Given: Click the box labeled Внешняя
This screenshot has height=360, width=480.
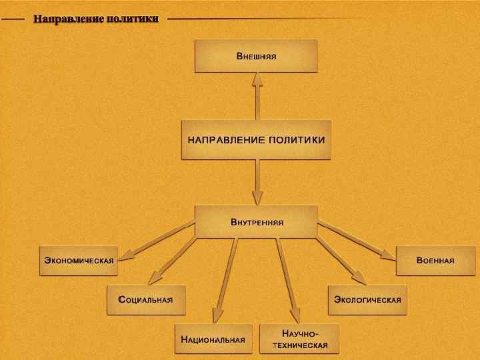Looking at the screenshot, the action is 256,55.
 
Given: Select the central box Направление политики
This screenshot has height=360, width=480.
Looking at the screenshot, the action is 256,139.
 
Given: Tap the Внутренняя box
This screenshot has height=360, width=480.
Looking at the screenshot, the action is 256,221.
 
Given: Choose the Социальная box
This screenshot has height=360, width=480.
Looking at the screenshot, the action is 146,300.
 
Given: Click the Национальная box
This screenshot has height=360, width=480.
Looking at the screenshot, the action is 213,339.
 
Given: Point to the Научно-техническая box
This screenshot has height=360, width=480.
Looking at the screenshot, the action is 299,339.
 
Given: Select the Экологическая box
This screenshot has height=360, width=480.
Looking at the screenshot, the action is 367,300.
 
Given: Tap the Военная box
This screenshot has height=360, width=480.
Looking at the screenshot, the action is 435,260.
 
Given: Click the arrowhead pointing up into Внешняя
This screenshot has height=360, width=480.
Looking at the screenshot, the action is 257,80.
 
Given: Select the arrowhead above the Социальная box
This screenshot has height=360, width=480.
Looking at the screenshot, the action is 155,277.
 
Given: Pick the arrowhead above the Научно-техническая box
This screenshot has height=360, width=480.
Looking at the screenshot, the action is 295,315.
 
